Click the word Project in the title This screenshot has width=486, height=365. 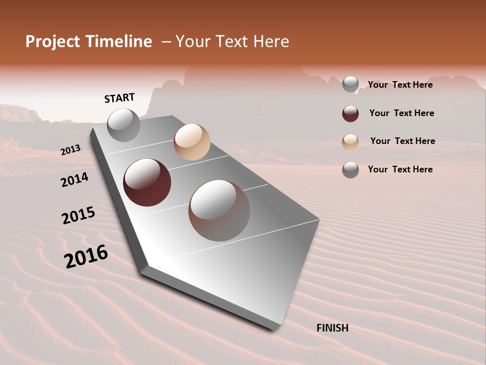coord(53,42)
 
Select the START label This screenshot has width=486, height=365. coord(119,98)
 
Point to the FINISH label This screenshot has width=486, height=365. coord(332,328)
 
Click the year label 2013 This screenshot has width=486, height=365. coord(70,150)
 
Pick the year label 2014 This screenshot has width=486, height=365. coord(74,179)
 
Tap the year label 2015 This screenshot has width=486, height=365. coord(78,215)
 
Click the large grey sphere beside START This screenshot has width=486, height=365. coord(124,125)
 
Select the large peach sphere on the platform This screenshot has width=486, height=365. coord(192,142)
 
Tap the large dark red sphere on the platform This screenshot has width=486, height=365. coord(147,182)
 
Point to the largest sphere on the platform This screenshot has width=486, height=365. coord(219,210)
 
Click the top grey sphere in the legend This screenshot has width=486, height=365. coord(350,84)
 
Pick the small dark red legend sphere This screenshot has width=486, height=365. coord(350,114)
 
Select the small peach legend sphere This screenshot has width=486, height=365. coord(350,142)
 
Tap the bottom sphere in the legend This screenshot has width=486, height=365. coord(350,170)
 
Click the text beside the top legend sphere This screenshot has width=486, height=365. coord(400,85)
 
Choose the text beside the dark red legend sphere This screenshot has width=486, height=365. coord(401,113)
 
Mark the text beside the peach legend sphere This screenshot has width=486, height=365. coord(402,141)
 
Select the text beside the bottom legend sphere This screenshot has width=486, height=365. coord(400,169)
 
